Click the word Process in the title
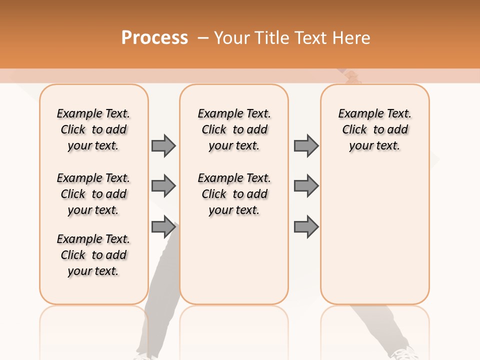click(154, 37)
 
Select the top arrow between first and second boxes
click(163, 145)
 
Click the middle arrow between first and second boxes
click(163, 186)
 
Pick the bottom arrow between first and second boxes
click(163, 227)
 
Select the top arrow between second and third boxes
click(306, 145)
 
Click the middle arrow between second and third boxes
click(306, 186)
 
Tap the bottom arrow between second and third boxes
click(306, 227)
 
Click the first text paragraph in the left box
click(93, 129)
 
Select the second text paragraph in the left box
click(93, 194)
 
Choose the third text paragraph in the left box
click(93, 255)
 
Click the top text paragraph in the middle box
click(234, 129)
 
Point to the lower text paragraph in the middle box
click(234, 194)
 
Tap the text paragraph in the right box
click(374, 129)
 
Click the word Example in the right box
click(356, 114)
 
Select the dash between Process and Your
click(203, 38)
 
